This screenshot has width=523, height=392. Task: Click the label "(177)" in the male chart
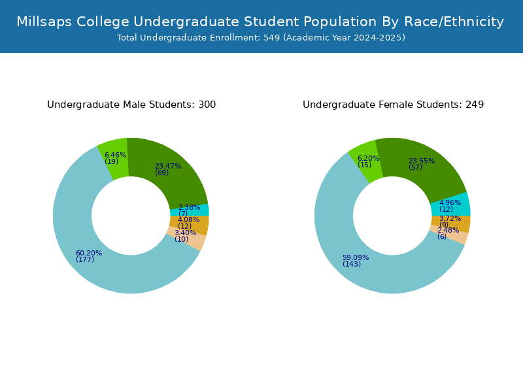coord(85,259)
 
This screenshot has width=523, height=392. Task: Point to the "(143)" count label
coord(352,264)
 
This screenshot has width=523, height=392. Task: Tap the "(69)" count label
coord(161,172)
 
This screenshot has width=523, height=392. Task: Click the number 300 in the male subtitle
coord(207,105)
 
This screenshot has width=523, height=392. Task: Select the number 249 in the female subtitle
coord(475,105)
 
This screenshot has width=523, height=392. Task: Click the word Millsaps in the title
coord(44,22)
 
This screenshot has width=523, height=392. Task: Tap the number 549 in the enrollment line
coord(271,38)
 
